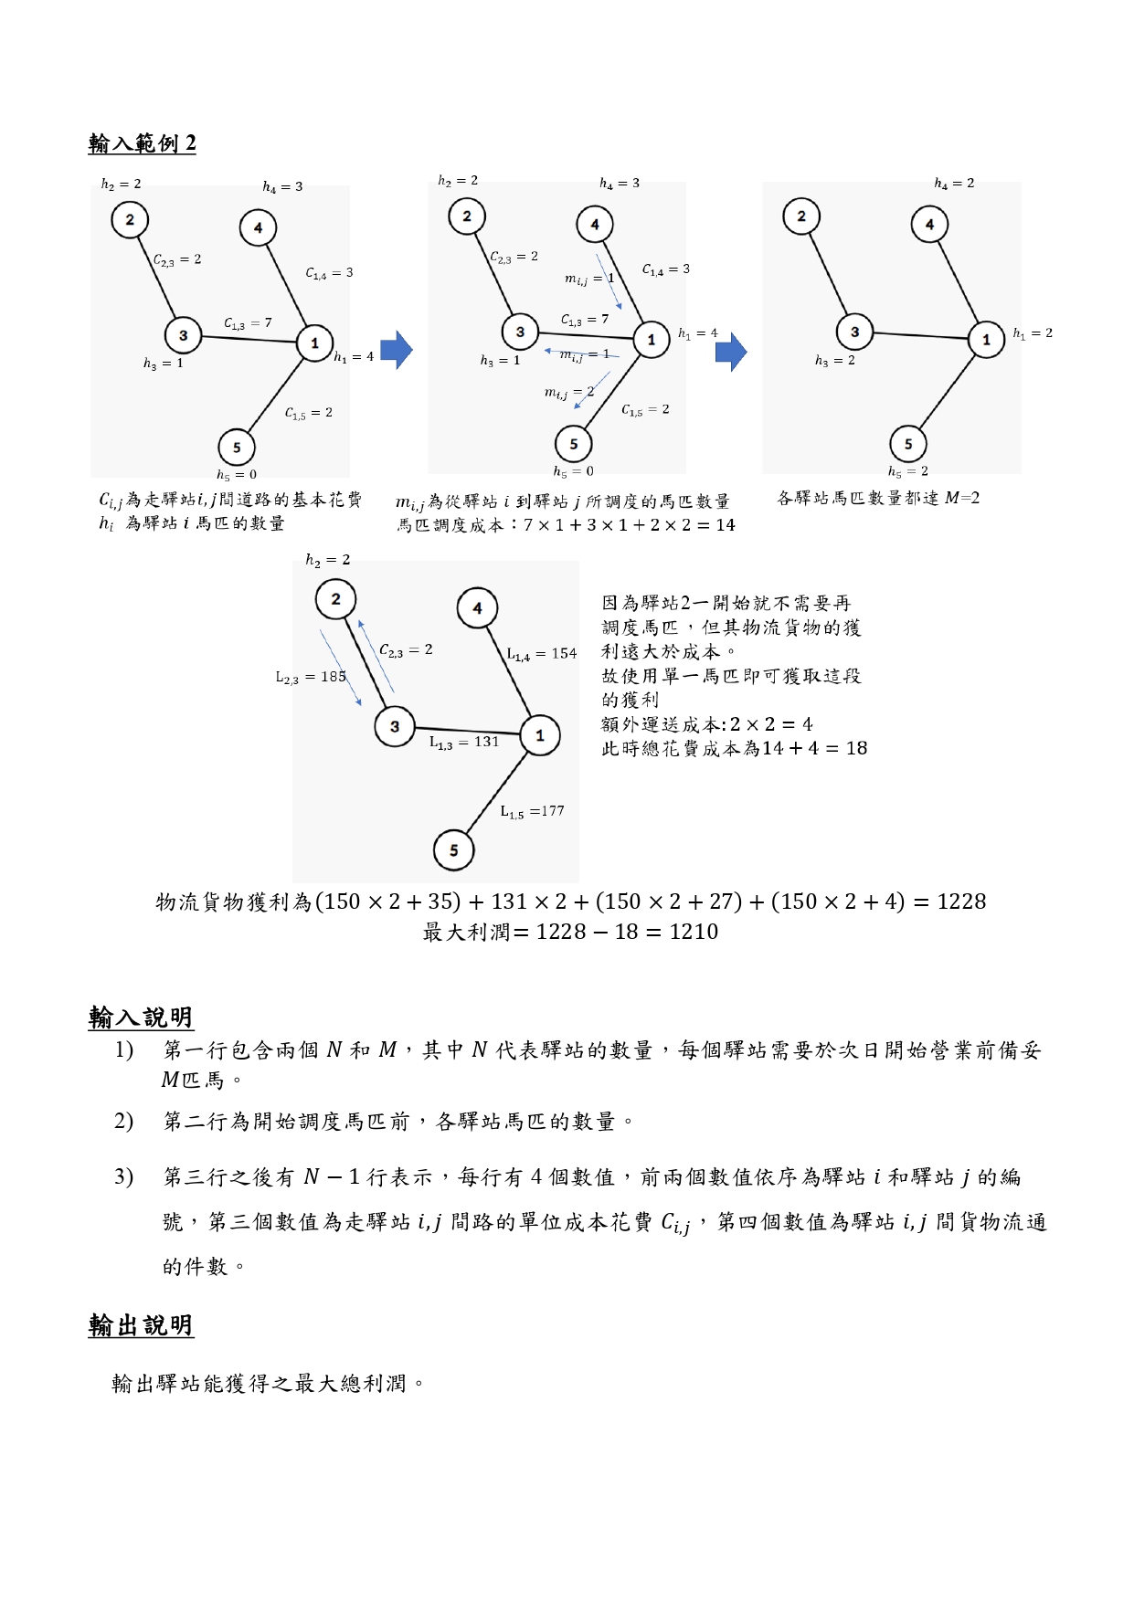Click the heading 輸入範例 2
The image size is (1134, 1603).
click(x=142, y=143)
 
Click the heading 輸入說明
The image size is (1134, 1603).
click(x=141, y=1017)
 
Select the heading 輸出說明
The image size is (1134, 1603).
click(x=141, y=1325)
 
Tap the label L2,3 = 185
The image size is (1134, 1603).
click(x=311, y=677)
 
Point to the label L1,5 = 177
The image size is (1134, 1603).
click(x=532, y=811)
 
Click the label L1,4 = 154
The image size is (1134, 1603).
click(x=542, y=654)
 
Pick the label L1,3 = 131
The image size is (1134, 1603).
click(x=464, y=743)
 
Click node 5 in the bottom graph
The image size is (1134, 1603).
click(x=453, y=850)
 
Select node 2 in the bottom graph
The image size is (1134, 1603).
click(x=335, y=599)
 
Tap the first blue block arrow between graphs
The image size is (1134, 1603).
click(x=397, y=350)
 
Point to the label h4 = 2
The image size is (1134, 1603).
click(x=954, y=184)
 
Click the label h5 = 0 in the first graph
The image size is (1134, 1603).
click(x=237, y=475)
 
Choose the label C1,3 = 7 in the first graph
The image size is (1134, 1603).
click(x=248, y=323)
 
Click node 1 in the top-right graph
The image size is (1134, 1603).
click(x=986, y=339)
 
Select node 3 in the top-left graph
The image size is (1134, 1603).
click(x=183, y=335)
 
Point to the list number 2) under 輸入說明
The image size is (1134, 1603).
click(x=124, y=1121)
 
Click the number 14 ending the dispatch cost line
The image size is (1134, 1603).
click(x=726, y=525)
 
